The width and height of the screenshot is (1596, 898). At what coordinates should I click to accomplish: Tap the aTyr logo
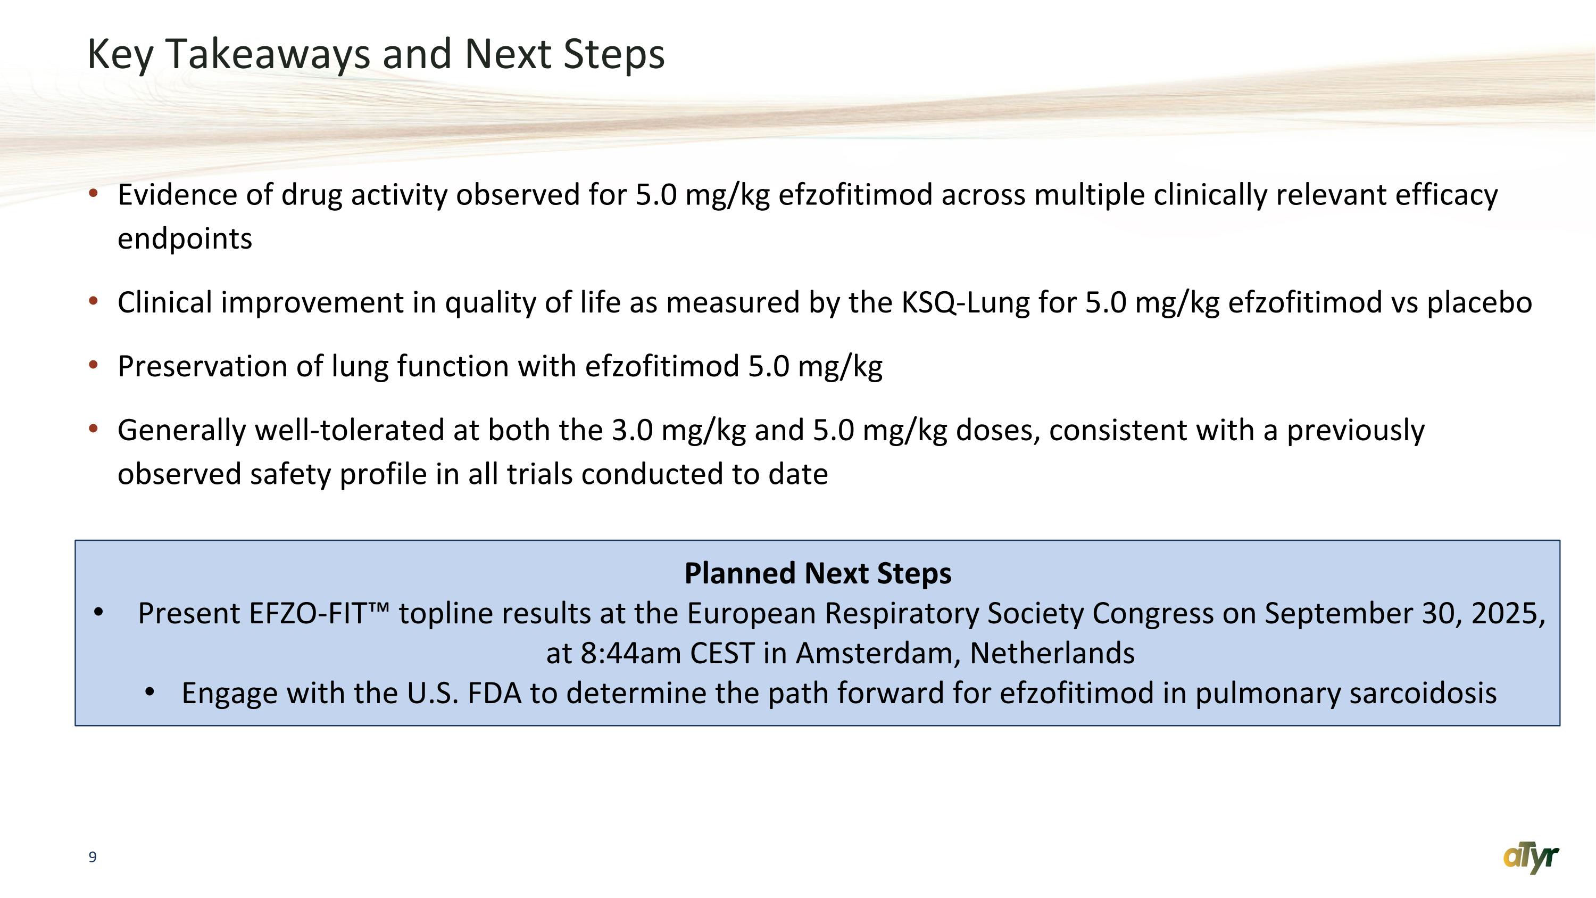tap(1531, 858)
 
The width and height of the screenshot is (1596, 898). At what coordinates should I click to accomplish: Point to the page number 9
tap(93, 857)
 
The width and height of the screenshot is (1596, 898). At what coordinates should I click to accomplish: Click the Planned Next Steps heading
tap(817, 573)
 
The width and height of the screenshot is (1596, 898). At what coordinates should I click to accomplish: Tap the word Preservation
tap(202, 366)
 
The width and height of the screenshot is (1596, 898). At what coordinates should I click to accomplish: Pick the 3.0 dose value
tap(632, 431)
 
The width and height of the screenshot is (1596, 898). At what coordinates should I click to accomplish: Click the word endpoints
tap(185, 239)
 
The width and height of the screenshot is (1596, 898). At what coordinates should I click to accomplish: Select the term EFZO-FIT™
tap(319, 614)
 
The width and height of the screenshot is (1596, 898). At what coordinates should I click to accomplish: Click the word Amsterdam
tap(877, 653)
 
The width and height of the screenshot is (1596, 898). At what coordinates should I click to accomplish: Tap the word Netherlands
tap(1051, 653)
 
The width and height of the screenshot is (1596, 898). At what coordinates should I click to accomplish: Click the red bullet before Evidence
tap(94, 193)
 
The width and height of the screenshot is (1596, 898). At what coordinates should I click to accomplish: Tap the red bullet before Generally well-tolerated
tap(94, 428)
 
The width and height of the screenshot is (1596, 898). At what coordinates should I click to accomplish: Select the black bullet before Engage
tap(149, 692)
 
